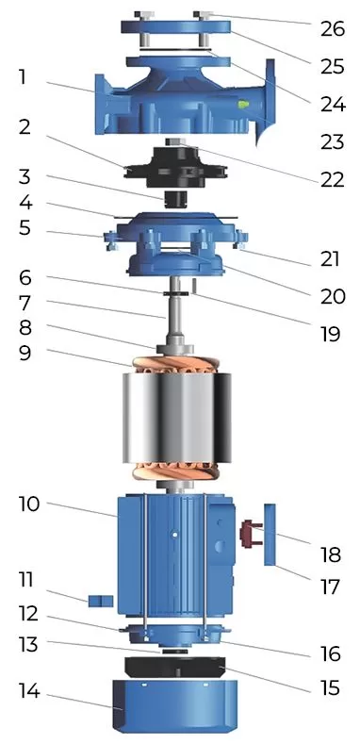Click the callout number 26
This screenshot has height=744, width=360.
[x=332, y=28]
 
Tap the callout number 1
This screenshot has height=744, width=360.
[x=23, y=77]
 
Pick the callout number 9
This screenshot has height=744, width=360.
[x=25, y=355]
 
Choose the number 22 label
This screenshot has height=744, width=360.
[x=332, y=179]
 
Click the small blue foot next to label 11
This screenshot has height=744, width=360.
[x=100, y=601]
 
